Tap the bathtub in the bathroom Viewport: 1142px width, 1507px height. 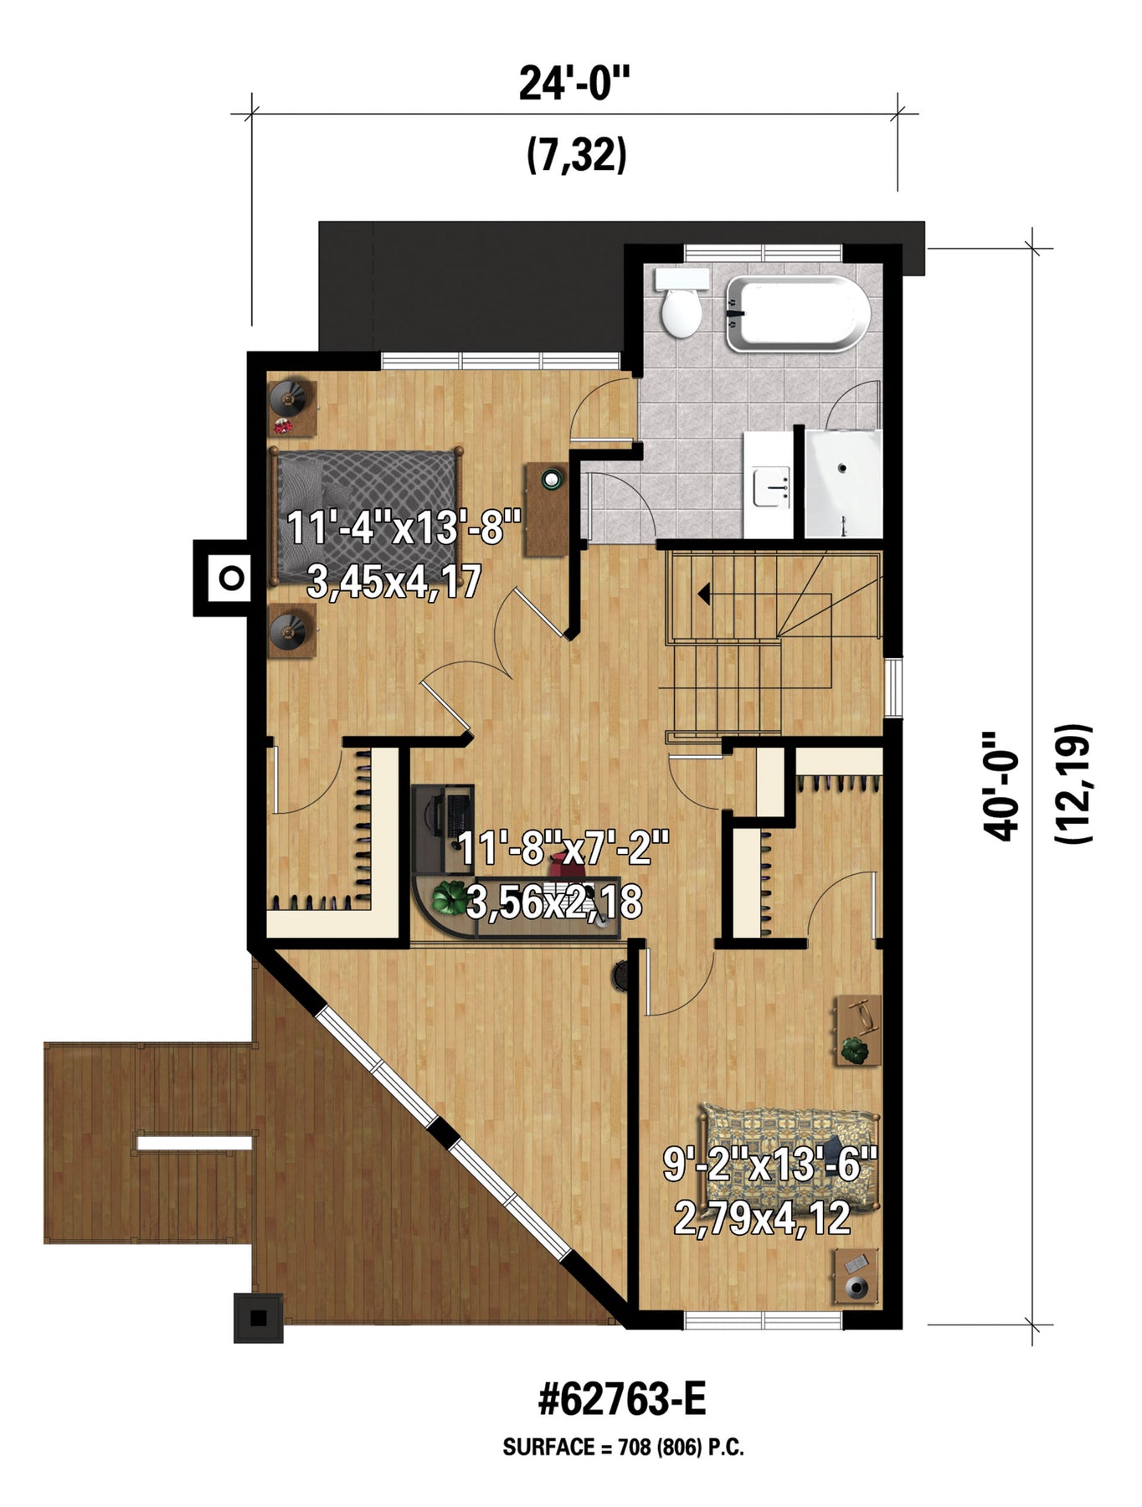click(798, 313)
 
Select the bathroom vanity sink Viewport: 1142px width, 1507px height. click(772, 488)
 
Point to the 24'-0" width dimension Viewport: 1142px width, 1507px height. click(574, 84)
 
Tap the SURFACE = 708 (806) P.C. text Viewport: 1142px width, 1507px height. click(623, 1448)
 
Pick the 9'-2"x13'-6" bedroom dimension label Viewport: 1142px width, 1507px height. click(769, 1164)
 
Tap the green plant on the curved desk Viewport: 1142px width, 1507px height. click(450, 898)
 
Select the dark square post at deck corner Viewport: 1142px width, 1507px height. click(259, 1319)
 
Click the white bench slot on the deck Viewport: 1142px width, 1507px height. click(194, 1143)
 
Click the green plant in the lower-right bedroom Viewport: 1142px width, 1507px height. click(855, 1050)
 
